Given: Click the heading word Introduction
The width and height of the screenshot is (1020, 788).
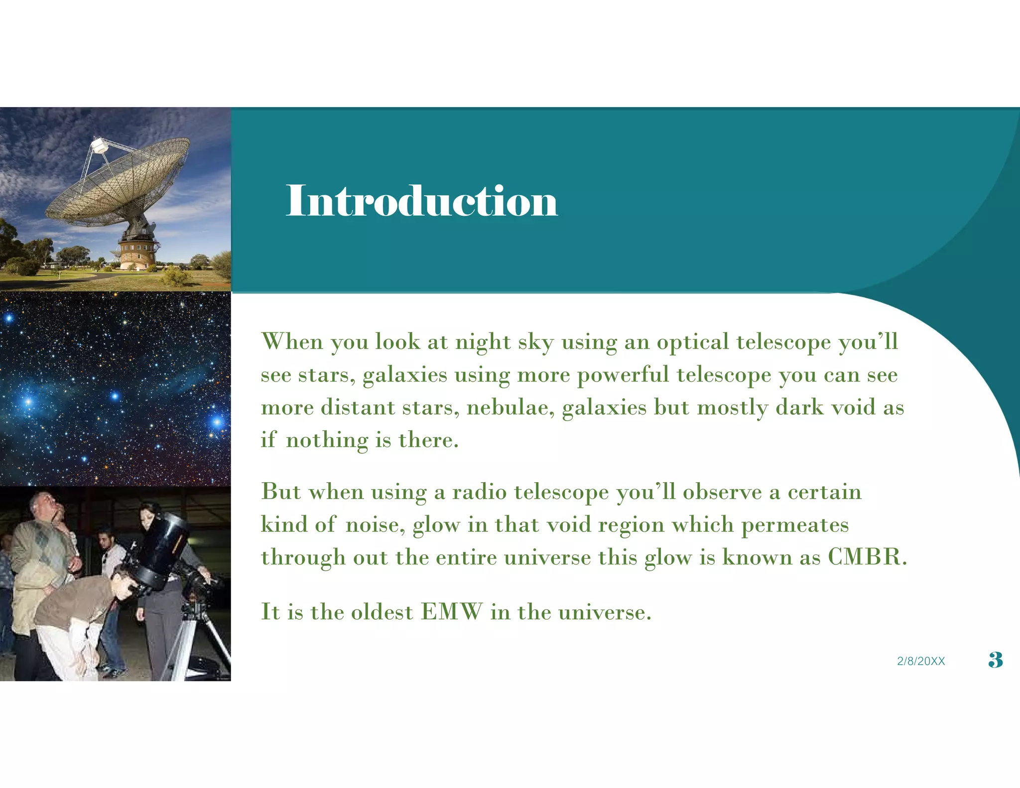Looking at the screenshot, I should tap(421, 201).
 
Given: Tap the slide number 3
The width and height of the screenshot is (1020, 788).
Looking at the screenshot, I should tap(995, 660).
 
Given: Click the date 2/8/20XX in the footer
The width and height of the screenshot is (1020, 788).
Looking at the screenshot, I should tap(921, 661).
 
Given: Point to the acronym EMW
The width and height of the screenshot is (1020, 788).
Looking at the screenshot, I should tap(452, 612).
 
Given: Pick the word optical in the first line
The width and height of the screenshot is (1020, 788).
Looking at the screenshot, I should tap(693, 342).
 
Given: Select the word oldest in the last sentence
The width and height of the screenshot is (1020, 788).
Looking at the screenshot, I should tap(382, 612).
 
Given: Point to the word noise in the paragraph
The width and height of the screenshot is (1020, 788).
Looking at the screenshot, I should tap(375, 525).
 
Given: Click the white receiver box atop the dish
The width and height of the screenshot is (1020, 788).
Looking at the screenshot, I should tap(99, 145).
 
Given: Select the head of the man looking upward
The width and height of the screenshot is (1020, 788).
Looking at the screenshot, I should tap(44, 506).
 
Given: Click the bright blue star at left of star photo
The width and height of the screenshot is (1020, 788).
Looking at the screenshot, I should tap(28, 401).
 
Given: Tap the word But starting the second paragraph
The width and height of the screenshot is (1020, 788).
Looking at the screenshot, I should tap(281, 492).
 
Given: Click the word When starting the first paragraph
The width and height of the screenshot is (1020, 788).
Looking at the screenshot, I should tap(292, 342).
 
